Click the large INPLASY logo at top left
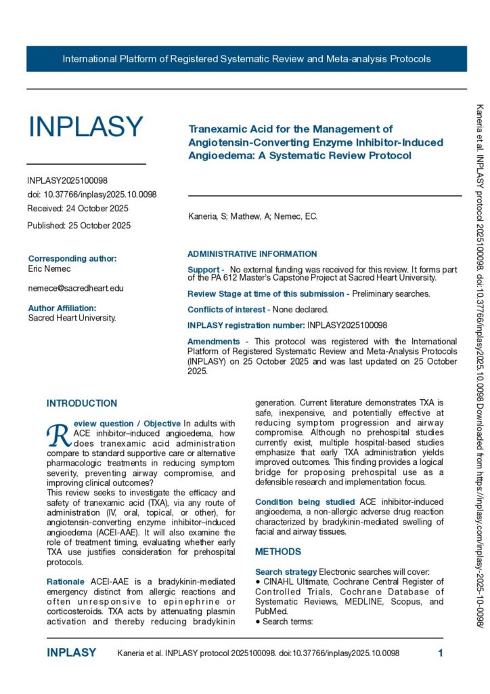point(85,127)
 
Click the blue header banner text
point(246,59)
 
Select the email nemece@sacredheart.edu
point(76,288)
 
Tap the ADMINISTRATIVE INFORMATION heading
point(252,254)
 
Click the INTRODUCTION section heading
point(82,404)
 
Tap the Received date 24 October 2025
point(78,209)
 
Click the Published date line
point(79,226)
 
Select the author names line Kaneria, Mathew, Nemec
point(252,217)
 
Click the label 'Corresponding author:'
point(72,259)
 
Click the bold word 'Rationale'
point(65,582)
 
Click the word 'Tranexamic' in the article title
point(218,129)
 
